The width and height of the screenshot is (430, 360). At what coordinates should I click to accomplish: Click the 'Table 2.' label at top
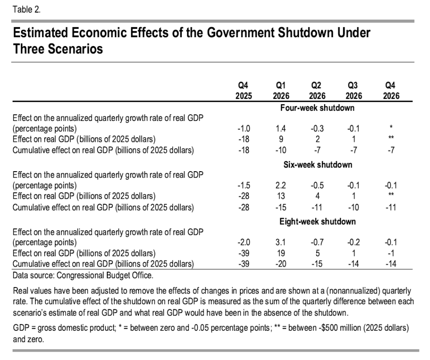27,10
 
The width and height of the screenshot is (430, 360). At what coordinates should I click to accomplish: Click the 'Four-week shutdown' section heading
317,108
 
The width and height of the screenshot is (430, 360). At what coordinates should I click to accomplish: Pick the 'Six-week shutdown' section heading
317,165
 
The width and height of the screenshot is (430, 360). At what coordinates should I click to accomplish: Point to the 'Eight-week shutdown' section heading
317,221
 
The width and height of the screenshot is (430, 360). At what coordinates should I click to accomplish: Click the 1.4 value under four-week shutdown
280,128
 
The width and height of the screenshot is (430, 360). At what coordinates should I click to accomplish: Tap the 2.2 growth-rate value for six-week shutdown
280,185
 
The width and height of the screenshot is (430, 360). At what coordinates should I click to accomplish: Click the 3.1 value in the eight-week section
280,242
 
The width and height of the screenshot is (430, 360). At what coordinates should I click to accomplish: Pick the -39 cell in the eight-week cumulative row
243,264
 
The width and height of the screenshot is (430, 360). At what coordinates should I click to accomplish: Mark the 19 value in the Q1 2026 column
280,253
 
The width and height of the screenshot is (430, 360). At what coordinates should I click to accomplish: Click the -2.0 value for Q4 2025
243,242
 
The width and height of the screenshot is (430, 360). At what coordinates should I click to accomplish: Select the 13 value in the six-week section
280,196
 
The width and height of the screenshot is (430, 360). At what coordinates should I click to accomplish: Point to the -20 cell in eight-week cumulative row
280,264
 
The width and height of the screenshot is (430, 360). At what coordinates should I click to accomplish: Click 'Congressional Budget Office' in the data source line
104,275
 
